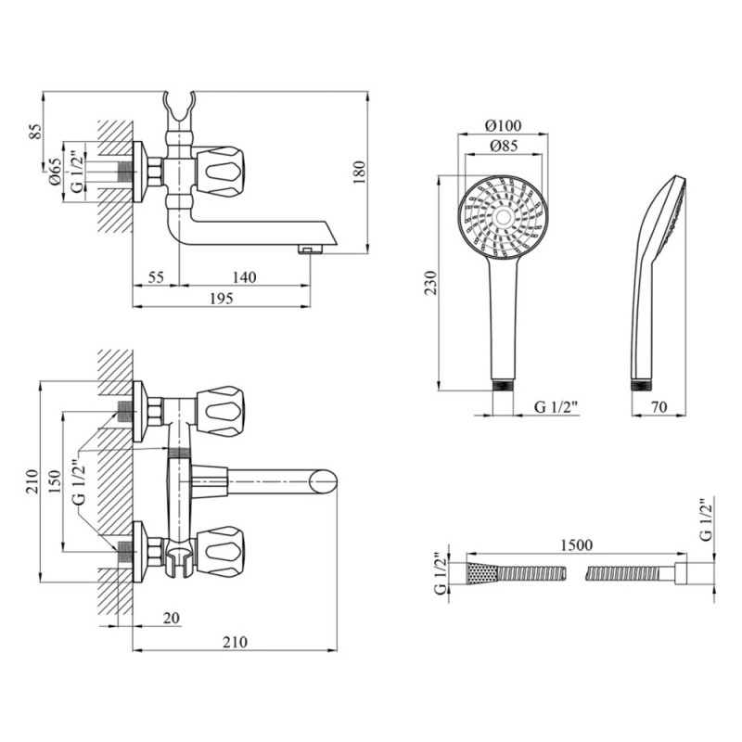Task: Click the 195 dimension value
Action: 220,298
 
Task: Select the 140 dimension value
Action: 243,277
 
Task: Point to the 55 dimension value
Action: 155,277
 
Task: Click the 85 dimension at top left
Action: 36,132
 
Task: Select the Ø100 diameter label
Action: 504,126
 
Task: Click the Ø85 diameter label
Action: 504,146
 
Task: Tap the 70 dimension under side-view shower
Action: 659,406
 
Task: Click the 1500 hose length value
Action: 577,546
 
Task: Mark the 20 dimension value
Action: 169,617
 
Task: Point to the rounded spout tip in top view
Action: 324,481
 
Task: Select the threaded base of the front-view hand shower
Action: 504,384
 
